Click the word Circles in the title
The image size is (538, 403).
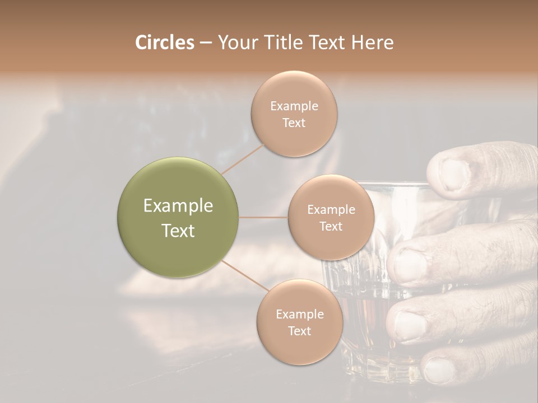click(165, 43)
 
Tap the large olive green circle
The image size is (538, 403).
click(178, 217)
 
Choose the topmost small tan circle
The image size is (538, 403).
click(294, 114)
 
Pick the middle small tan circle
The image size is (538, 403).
click(331, 217)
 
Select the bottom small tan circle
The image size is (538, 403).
click(299, 322)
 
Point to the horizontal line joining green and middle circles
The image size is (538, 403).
click(263, 217)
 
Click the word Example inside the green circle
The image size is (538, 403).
click(178, 206)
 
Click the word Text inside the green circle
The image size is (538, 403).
click(178, 231)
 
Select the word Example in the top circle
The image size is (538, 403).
click(294, 106)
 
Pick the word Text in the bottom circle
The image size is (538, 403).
click(299, 331)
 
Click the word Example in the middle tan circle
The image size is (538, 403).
click(331, 209)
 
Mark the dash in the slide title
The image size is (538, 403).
click(206, 43)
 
